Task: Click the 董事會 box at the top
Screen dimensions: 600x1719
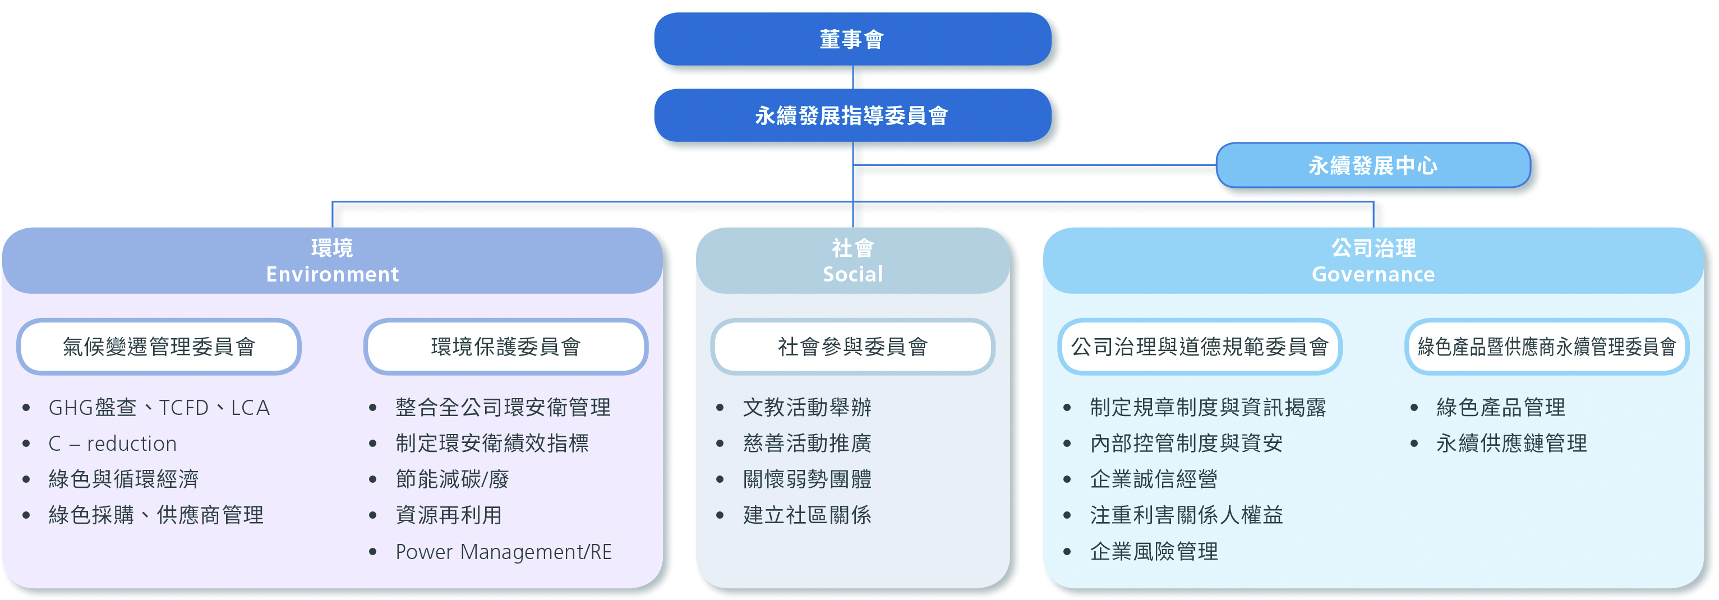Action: [x=852, y=39]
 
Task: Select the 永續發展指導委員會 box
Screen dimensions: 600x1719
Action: [x=852, y=116]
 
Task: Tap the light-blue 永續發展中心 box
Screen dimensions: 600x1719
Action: [x=1372, y=165]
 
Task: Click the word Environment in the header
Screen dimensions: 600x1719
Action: [x=333, y=274]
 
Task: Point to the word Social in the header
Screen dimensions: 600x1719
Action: [x=852, y=274]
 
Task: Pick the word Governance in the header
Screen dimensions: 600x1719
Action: [x=1372, y=274]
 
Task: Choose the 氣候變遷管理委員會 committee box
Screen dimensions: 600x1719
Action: [x=159, y=347]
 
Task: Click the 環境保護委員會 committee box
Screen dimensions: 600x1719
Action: [x=505, y=347]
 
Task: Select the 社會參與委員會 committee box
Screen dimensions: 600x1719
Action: [x=852, y=347]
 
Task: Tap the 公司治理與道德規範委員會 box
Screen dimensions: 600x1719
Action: [x=1199, y=347]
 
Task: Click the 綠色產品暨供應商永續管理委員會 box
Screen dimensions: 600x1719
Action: [x=1546, y=347]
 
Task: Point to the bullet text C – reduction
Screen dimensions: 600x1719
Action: [x=113, y=444]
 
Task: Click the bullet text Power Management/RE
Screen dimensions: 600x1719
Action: [x=503, y=552]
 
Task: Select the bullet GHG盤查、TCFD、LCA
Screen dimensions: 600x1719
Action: [x=159, y=408]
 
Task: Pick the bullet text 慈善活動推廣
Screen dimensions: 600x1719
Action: [x=807, y=444]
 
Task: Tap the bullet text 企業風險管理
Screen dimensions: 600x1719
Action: [x=1154, y=552]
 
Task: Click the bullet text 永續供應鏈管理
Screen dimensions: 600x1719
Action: [x=1511, y=444]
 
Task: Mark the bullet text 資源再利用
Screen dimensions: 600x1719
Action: [x=449, y=515]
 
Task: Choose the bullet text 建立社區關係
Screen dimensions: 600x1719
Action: [x=807, y=515]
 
